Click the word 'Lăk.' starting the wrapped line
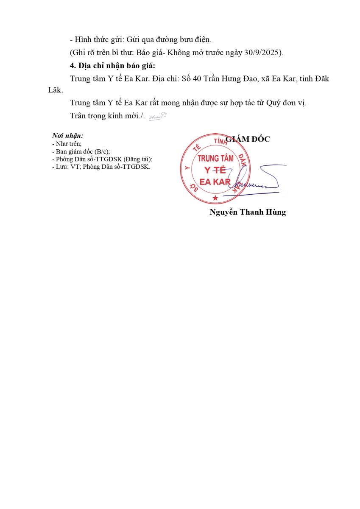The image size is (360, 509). tap(56, 90)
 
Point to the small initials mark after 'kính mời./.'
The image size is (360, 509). tap(157, 116)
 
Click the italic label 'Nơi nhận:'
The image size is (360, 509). tap(67, 136)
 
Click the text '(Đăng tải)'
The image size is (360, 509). tap(137, 159)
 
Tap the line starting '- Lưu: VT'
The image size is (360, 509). tap(101, 167)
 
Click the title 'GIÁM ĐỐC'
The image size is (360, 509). tap(248, 139)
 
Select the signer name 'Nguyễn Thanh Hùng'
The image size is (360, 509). tap(248, 212)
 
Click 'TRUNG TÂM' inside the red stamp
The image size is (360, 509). tap(215, 159)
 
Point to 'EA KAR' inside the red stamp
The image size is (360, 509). tap(215, 182)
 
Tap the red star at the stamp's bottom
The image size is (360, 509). tap(215, 198)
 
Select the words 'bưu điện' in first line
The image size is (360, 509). tap(197, 39)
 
